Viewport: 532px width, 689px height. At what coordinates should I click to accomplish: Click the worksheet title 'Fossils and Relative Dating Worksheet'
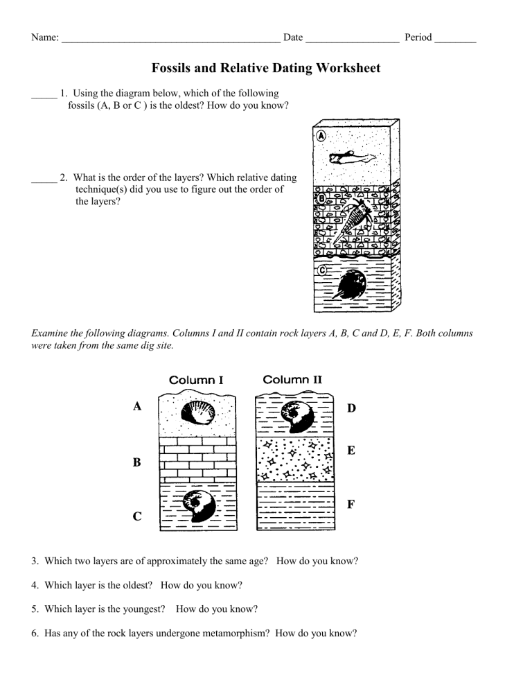coord(265,68)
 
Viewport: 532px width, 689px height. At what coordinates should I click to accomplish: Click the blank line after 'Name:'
coord(170,39)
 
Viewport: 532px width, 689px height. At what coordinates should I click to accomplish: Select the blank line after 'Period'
coord(455,39)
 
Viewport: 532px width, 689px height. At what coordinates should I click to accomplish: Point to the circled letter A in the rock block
coord(321,136)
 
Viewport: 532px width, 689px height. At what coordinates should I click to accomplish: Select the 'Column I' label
coord(197,380)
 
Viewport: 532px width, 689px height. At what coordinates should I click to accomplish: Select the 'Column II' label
coord(292,379)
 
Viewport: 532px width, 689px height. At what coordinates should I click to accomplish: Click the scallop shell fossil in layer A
coord(195,415)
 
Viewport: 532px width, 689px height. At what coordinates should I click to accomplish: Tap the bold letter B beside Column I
coord(139,463)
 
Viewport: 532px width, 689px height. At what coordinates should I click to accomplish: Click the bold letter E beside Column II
coord(351,451)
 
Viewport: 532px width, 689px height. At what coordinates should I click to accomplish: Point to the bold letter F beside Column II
coord(351,505)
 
